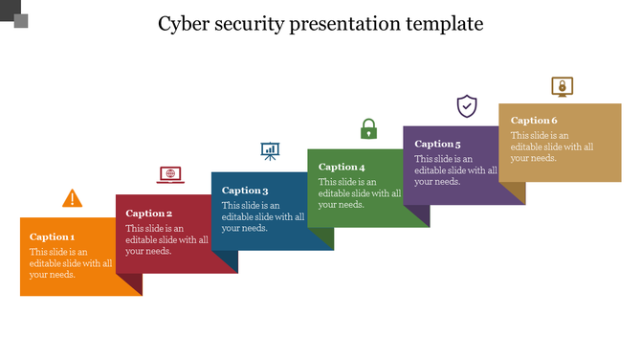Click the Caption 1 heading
[53, 236]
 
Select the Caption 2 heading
[149, 214]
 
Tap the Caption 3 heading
[245, 191]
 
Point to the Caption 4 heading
[342, 168]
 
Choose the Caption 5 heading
[438, 144]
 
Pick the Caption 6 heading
[534, 121]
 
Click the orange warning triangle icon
[73, 198]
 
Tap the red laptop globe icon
[170, 174]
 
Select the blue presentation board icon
[271, 150]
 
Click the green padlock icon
[368, 128]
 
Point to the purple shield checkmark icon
[467, 106]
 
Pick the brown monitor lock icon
[563, 87]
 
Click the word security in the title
[253, 23]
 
